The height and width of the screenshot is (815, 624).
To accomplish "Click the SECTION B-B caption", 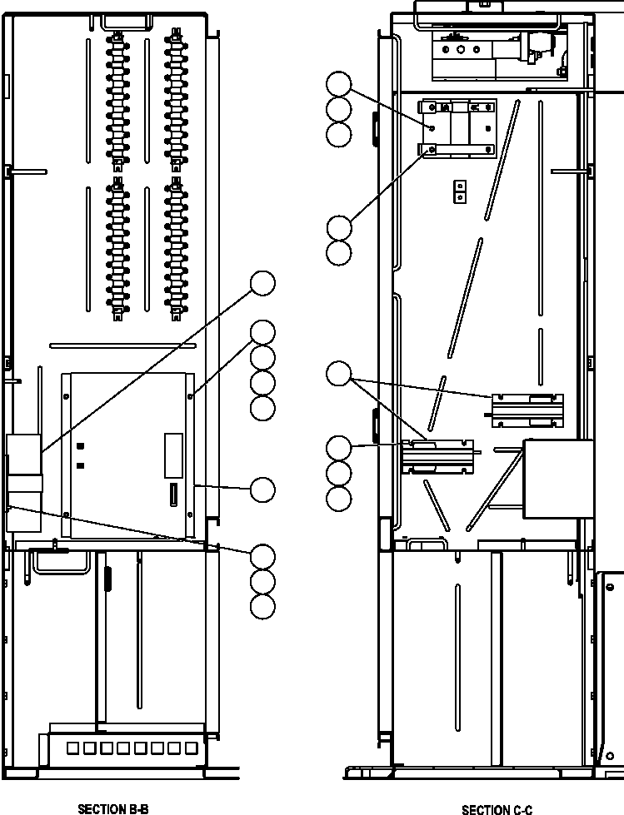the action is point(112,808).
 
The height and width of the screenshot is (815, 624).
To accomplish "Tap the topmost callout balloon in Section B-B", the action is point(262,283).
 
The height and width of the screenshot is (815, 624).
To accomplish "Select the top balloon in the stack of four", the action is point(262,331).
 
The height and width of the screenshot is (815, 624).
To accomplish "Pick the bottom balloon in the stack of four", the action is point(262,407).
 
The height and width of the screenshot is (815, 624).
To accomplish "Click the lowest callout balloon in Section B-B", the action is point(262,606).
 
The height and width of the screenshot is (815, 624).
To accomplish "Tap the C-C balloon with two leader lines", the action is point(338,374).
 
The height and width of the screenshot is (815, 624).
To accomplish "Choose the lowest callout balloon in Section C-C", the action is point(338,499).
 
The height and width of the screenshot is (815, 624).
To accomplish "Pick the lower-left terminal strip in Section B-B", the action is point(117,248).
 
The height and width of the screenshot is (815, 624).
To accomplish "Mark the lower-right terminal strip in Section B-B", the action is point(176,248).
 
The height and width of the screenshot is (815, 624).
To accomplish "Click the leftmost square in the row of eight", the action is point(73,748).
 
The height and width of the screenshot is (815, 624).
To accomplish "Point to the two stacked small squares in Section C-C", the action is point(457,192).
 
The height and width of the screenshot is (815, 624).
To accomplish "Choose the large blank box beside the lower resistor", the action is point(557,479).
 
